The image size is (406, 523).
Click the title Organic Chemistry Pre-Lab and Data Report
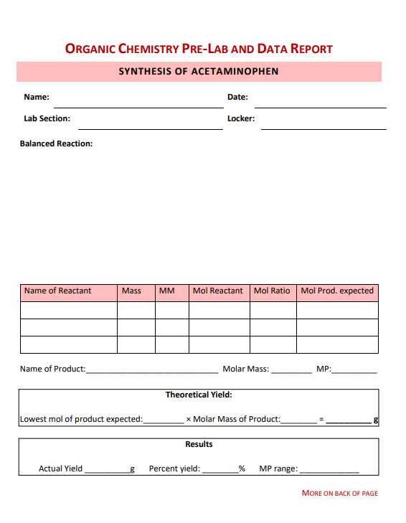coord(199,49)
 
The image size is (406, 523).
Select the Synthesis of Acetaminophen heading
coord(199,72)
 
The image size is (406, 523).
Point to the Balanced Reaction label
coord(57,143)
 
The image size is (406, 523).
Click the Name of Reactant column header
coord(57,291)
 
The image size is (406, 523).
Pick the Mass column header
coord(131,291)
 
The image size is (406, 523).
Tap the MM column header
coord(167,291)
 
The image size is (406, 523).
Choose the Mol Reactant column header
coord(218,291)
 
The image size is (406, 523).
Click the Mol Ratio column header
coord(272,291)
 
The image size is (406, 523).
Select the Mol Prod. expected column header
coord(337,291)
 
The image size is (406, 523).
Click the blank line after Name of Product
coord(152,372)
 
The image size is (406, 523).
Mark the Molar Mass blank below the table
coord(292,372)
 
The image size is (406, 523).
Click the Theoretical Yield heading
coord(199,395)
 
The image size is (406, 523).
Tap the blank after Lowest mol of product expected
coord(164,421)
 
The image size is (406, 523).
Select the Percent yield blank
coord(220,471)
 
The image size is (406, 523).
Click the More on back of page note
coord(339,494)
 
